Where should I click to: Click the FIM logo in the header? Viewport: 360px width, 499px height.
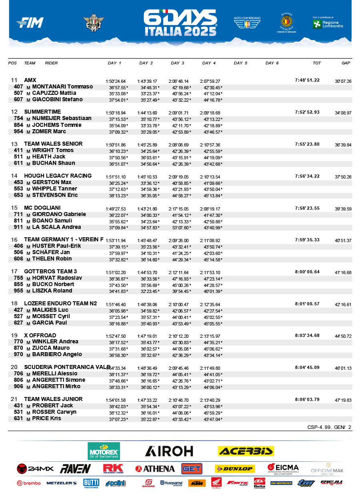30,23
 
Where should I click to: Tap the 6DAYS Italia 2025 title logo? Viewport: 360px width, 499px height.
180,23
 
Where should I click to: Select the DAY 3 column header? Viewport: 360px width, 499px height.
178,63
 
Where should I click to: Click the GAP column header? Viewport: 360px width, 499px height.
346,63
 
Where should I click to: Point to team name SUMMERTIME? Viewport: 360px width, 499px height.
42,112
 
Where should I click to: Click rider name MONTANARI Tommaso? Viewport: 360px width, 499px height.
62,87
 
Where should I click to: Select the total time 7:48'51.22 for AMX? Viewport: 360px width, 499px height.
307,80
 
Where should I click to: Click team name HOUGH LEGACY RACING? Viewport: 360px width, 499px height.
58,176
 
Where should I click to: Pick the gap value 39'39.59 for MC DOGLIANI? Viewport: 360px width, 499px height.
343,209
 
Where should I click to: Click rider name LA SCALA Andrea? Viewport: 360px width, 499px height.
57,227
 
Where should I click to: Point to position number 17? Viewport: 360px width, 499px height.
14,272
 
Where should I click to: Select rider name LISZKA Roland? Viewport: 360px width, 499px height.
52,291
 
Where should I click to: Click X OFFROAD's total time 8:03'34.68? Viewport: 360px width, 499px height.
307,335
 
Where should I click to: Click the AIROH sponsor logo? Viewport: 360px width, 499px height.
169,451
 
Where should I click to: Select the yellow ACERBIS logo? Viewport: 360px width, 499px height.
246,451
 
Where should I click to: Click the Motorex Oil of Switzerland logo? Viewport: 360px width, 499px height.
104,451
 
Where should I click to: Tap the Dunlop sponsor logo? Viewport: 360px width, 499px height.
234,469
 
